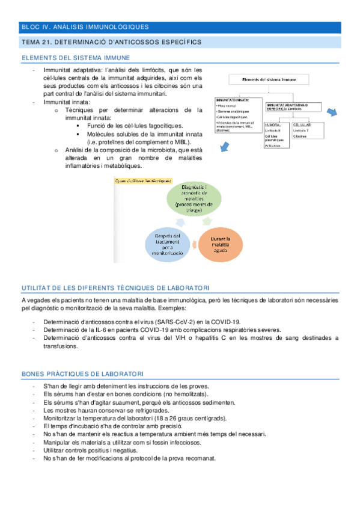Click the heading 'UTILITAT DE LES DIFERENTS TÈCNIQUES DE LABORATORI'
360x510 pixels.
pos(115,289)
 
